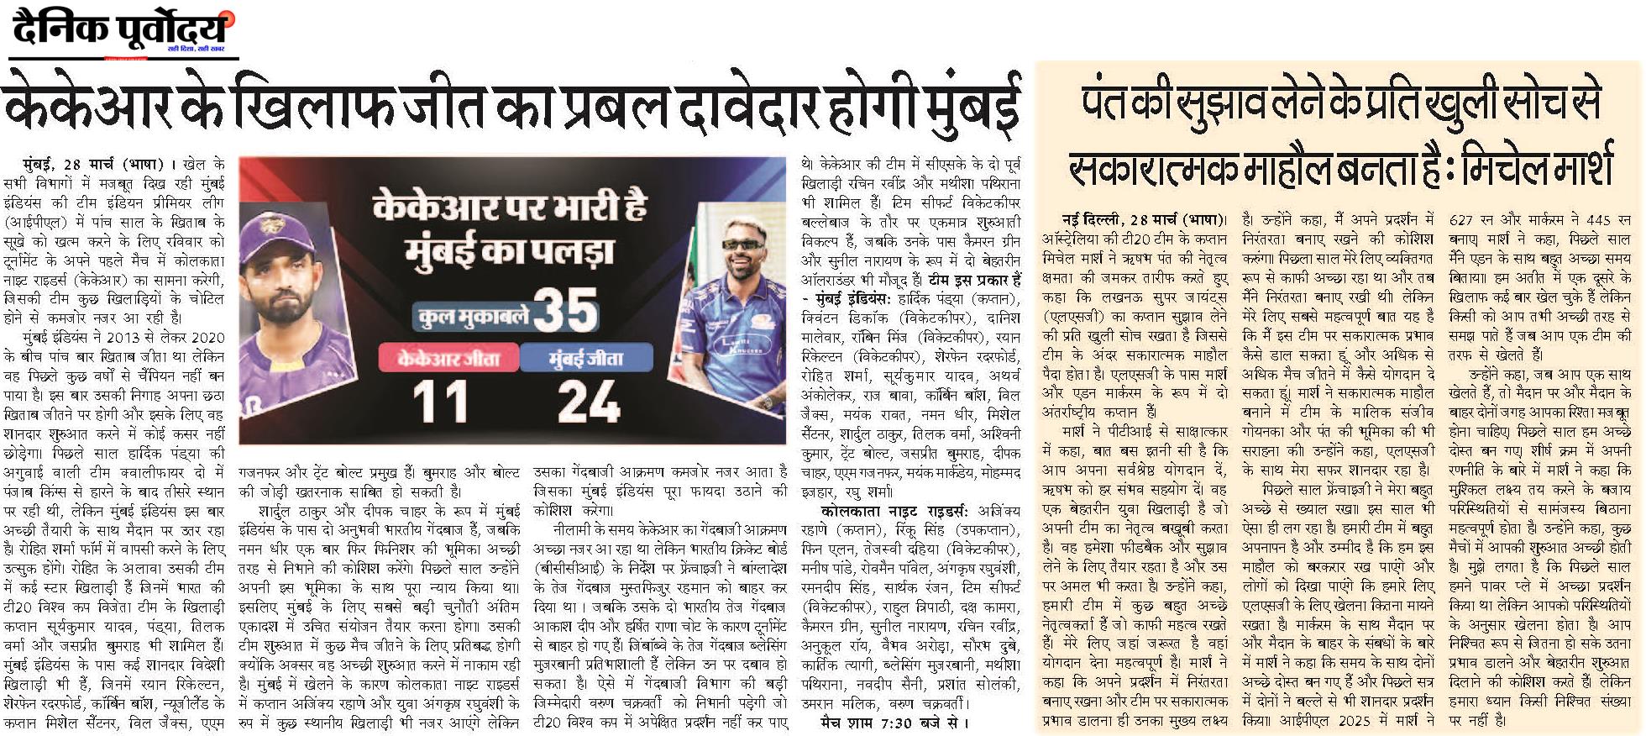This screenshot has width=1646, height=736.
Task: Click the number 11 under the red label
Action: pos(440,402)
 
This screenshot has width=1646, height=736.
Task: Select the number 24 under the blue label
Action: pos(590,402)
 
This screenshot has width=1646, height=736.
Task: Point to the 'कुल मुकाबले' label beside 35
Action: pos(469,318)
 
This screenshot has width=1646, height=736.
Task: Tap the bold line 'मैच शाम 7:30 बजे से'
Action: pos(895,722)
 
